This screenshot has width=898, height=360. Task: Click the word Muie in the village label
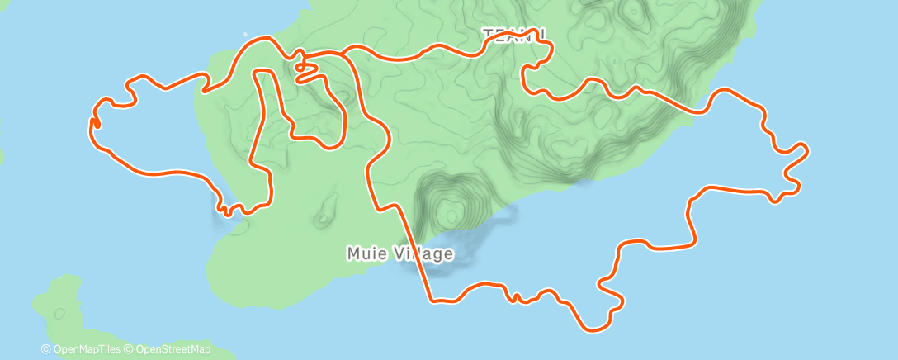click(x=365, y=253)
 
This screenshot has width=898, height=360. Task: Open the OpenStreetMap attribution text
click(x=173, y=350)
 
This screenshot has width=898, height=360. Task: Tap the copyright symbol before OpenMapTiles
click(x=45, y=350)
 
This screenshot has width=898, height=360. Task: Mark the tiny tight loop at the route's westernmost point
click(x=92, y=123)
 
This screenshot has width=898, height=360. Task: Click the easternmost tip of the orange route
click(x=806, y=149)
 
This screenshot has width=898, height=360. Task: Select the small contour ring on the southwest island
click(x=59, y=314)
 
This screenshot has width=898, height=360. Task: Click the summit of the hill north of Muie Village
click(x=449, y=214)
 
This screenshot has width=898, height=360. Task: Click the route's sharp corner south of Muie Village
click(x=430, y=299)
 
